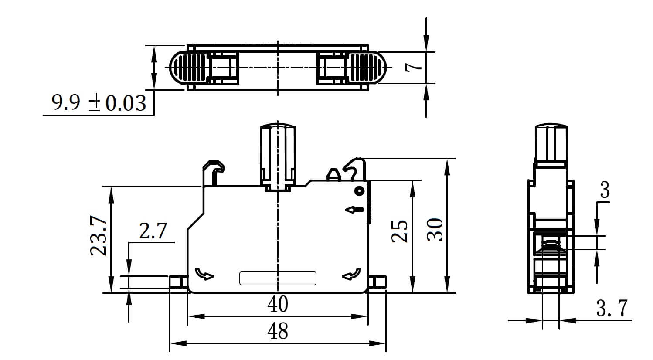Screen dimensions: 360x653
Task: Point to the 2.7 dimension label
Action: coord(153,231)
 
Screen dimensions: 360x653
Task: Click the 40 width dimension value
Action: coord(278,305)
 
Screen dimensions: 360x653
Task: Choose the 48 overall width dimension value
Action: coord(278,332)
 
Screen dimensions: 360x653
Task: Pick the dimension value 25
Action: coord(399,231)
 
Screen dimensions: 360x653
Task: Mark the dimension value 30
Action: coord(435,230)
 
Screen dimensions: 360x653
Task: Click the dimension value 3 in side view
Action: coord(605,190)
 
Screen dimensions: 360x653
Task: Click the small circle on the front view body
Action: coord(359,190)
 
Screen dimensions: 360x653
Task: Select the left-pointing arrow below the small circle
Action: coord(354,210)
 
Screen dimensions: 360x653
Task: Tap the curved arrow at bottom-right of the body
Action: coord(351,274)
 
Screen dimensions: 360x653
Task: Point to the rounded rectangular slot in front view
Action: coord(278,278)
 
